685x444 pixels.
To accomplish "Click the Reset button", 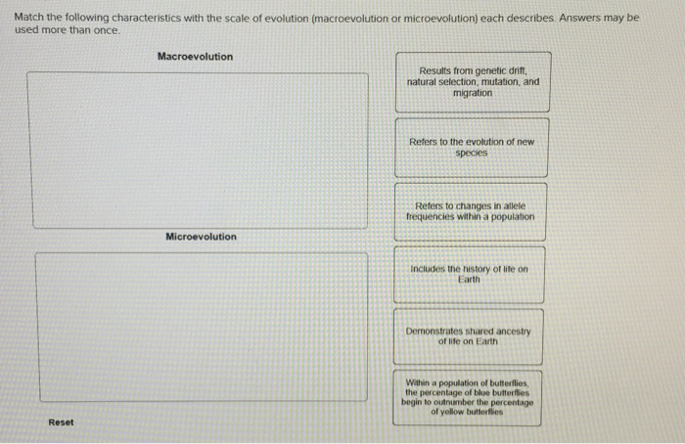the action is coord(61,422).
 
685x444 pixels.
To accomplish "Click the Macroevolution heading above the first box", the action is coord(196,57).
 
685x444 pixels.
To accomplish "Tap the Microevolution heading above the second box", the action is coord(201,237).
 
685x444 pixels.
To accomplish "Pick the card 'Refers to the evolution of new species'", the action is coord(473,148).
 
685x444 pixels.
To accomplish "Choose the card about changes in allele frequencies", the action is coord(473,211).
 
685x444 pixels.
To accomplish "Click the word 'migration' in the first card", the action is coord(473,93).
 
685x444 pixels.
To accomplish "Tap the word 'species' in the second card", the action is coord(472,154).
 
